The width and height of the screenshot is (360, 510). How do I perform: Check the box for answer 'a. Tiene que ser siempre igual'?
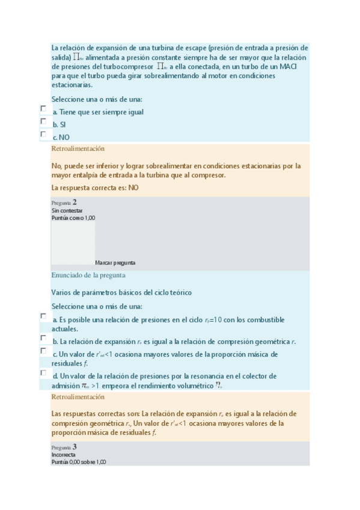coord(43,108)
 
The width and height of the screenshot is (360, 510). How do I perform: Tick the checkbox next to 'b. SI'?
coord(43,121)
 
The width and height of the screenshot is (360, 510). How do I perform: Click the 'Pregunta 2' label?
coord(64,203)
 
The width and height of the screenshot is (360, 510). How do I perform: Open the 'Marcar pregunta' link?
coord(115,263)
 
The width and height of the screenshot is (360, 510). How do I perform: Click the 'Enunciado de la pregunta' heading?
coord(88,275)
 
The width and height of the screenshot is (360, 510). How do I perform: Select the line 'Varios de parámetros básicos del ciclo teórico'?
coord(121,293)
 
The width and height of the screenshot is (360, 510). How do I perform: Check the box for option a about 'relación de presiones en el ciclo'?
coord(43,316)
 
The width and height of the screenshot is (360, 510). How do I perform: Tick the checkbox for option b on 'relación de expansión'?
coord(43,338)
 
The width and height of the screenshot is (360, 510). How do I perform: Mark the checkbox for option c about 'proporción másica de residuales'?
coord(43,350)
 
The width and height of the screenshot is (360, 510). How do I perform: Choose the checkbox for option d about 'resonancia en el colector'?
coord(43,372)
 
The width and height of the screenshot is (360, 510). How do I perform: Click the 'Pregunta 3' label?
coord(64,447)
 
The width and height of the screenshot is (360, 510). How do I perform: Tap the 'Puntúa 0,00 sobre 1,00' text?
coord(79,462)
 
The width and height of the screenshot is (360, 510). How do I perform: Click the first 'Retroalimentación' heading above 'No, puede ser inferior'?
coord(78,149)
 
